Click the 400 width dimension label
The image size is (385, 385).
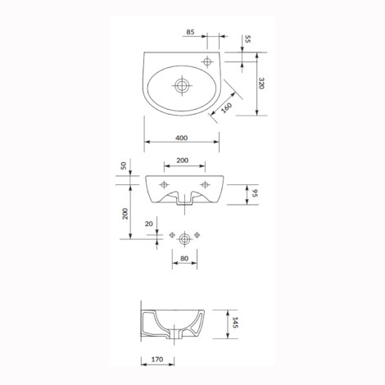182,138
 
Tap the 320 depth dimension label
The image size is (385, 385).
261,84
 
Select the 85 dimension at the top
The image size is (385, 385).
190,32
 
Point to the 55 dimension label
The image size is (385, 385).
247,39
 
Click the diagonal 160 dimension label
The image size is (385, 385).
226,107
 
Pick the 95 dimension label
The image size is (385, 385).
255,193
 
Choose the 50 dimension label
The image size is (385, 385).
124,165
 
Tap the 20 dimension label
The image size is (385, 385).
149,224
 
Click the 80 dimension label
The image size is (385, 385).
184,258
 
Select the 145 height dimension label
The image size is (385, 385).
235,323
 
